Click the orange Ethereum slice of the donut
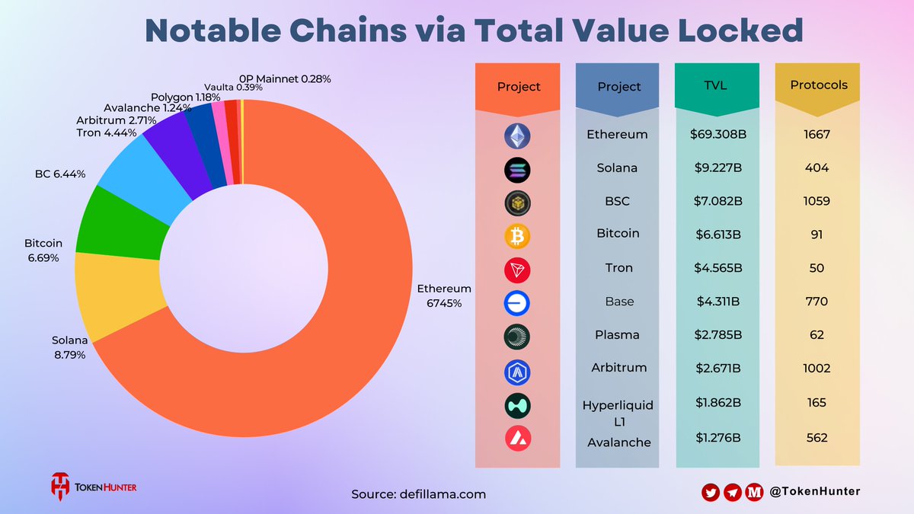(320, 366)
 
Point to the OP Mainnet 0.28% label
(285, 78)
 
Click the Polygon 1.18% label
(185, 97)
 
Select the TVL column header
(716, 85)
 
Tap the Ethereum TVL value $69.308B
(716, 135)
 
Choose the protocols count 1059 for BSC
(817, 202)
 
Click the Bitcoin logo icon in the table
(517, 236)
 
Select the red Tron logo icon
(517, 270)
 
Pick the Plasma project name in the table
(617, 335)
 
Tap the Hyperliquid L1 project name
(618, 412)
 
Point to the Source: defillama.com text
(418, 494)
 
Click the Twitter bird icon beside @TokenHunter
(710, 493)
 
